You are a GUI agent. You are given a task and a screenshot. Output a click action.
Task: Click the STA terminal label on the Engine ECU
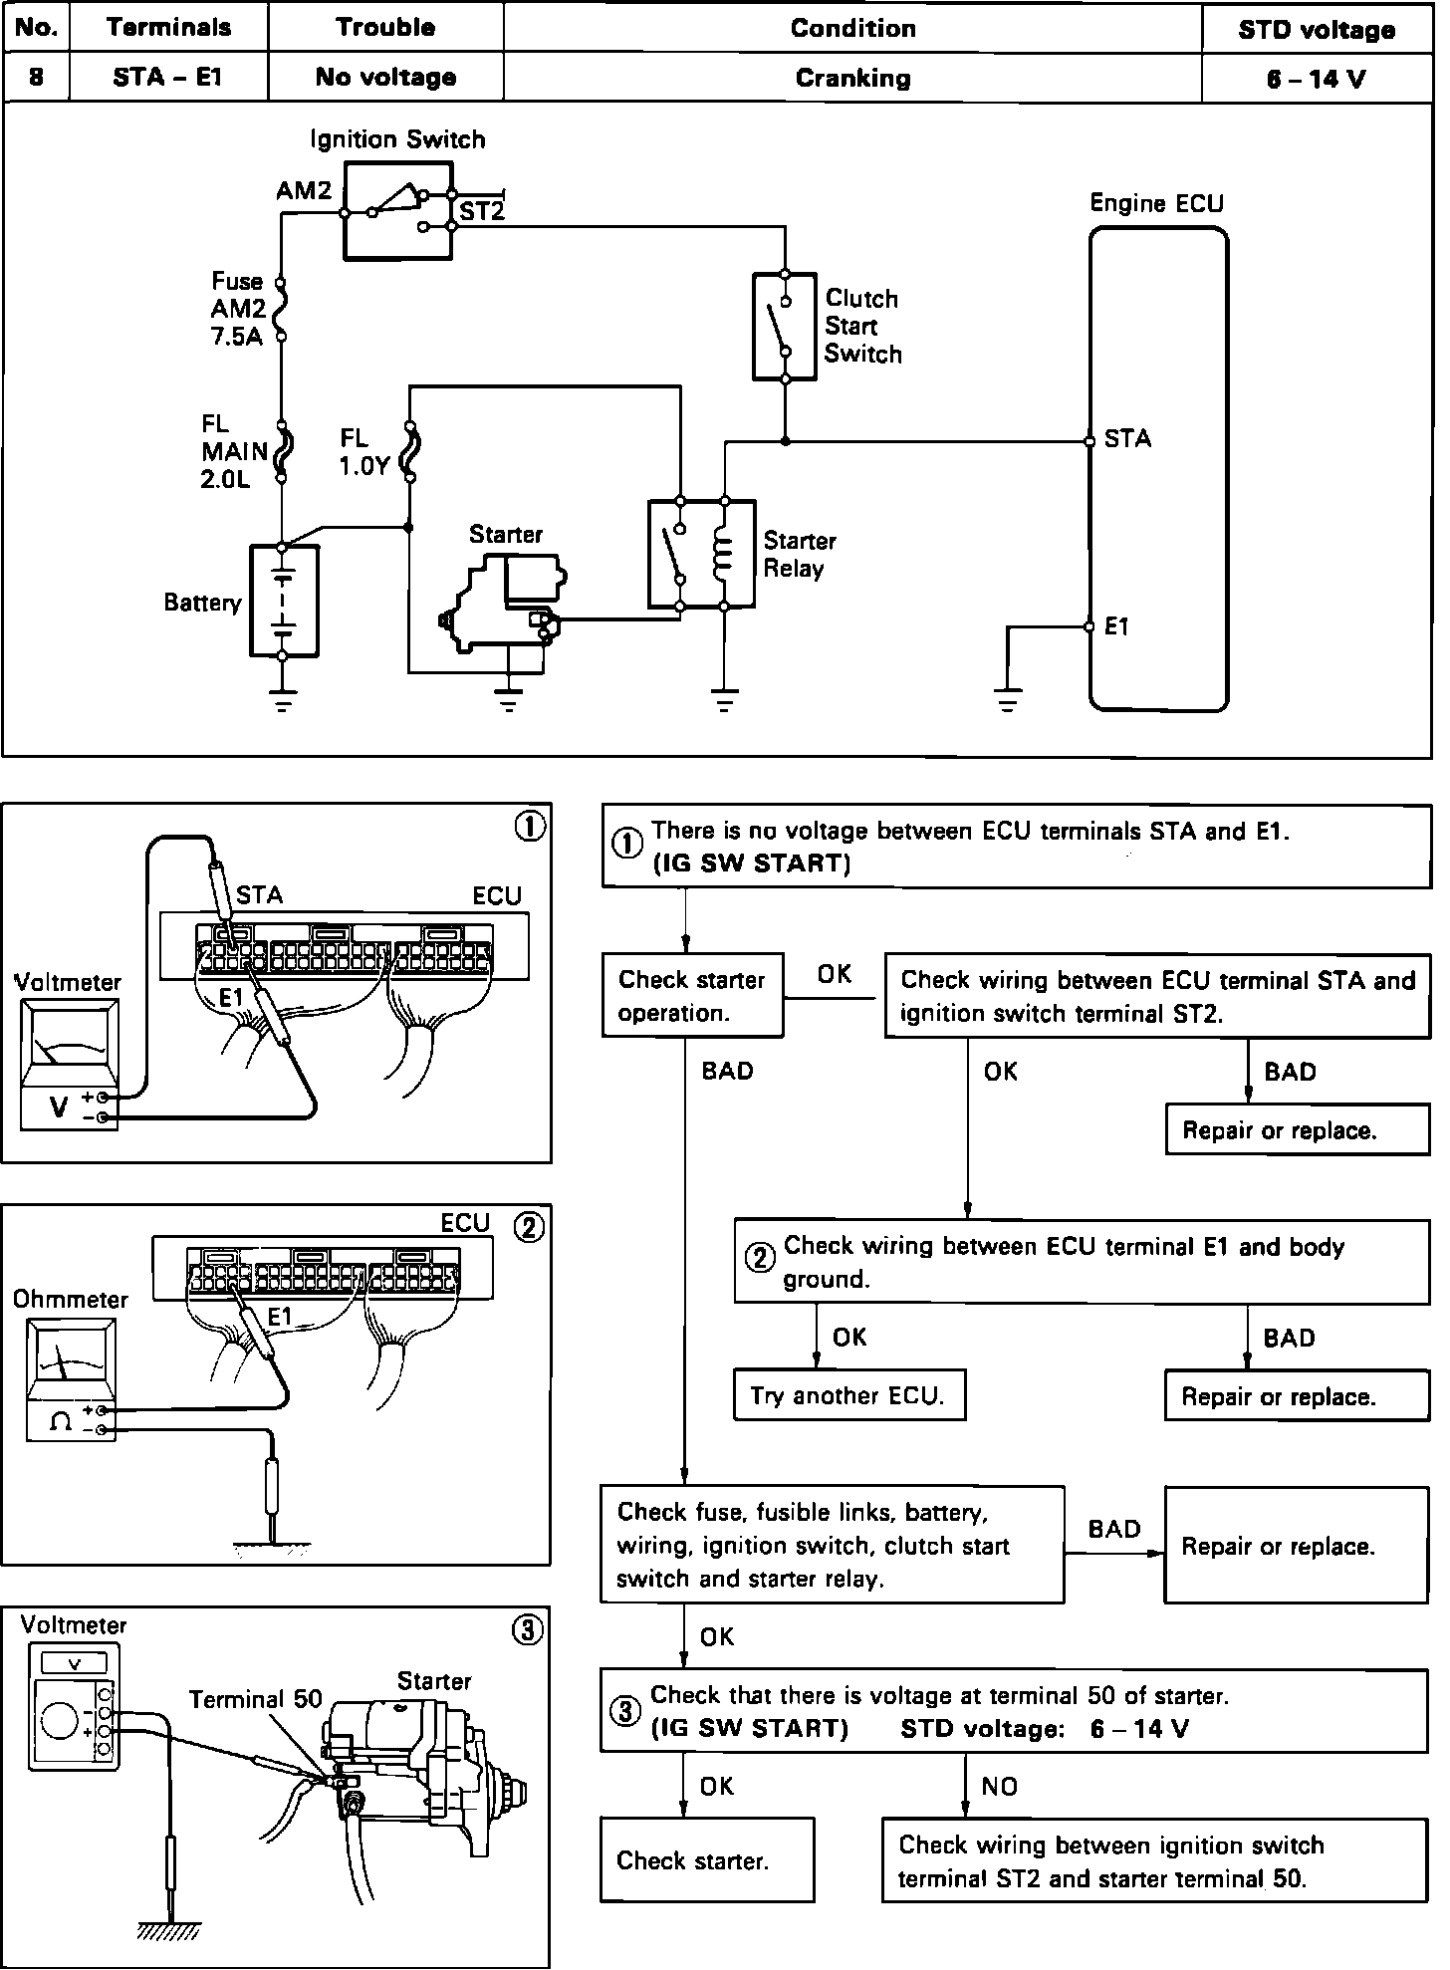click(1127, 439)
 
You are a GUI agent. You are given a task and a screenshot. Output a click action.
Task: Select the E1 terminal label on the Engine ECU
click(1117, 626)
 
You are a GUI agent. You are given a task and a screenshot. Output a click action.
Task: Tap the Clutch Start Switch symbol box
click(785, 326)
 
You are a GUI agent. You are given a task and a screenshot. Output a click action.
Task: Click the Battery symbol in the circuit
click(283, 602)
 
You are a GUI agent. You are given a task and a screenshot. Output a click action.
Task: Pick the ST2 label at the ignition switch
click(482, 211)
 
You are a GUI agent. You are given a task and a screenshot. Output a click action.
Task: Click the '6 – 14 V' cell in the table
click(1317, 79)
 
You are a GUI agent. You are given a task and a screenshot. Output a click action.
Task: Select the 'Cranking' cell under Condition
click(852, 79)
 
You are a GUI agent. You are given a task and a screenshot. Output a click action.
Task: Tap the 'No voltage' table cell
click(385, 78)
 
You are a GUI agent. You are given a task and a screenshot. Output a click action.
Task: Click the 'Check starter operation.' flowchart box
click(692, 996)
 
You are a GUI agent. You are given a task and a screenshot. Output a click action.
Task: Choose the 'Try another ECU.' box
click(849, 1395)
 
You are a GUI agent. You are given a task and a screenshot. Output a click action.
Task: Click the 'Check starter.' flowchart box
click(706, 1859)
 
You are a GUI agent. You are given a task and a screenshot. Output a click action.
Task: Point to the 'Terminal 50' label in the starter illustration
click(256, 1699)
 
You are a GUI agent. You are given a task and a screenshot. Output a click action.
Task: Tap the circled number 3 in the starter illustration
click(528, 1629)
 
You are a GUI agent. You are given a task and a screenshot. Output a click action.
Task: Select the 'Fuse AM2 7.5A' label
click(237, 309)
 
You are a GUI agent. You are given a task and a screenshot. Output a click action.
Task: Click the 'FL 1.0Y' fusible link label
click(363, 451)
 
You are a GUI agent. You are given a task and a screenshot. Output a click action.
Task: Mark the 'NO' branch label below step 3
click(999, 1787)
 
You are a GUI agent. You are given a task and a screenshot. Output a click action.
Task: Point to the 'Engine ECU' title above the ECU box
click(1156, 203)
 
